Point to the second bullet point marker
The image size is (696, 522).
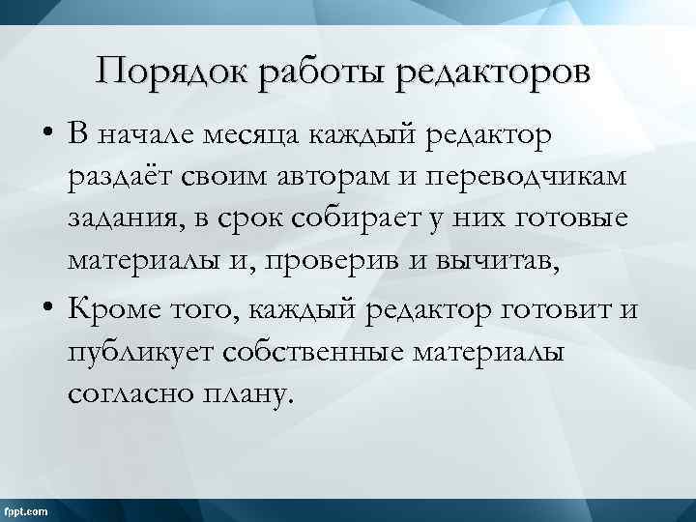(46, 309)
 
